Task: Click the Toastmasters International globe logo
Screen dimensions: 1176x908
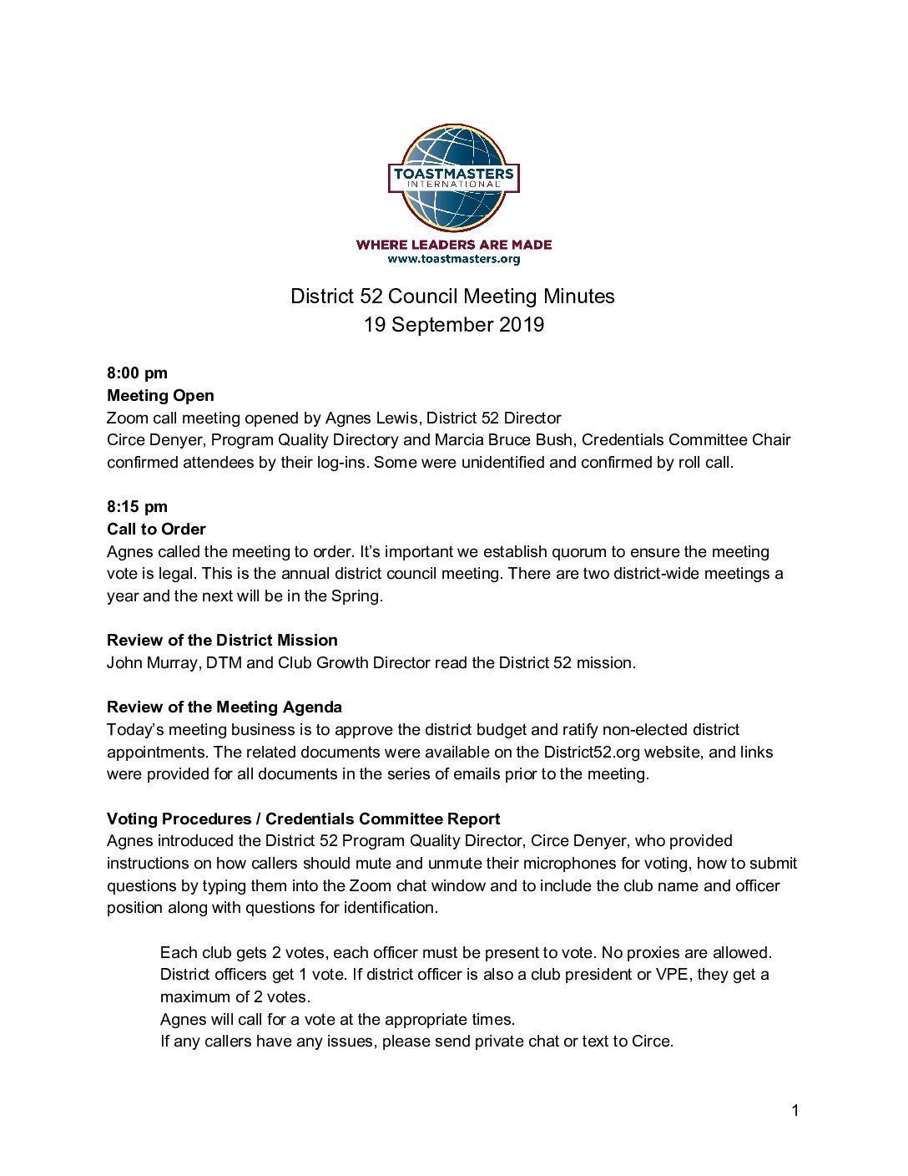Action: coord(454,178)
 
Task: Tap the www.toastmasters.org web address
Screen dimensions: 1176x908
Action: coord(454,259)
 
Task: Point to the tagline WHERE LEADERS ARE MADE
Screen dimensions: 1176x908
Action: coord(454,245)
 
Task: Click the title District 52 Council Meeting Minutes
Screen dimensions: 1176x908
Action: coord(452,297)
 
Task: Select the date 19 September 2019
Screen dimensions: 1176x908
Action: coord(453,325)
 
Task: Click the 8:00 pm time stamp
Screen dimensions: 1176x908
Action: coord(137,373)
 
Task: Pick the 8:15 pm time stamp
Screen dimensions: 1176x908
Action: coord(137,507)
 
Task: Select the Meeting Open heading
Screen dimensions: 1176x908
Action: coord(160,396)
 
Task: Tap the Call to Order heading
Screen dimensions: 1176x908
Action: coord(156,530)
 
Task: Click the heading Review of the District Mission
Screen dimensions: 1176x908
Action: coord(222,641)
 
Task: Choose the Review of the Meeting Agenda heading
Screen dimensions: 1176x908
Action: coord(224,707)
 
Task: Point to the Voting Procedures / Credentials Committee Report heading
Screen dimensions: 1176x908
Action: coord(303,819)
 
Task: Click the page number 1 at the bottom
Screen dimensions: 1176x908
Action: coord(795,1111)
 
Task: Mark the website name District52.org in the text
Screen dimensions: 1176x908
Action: coord(592,753)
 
